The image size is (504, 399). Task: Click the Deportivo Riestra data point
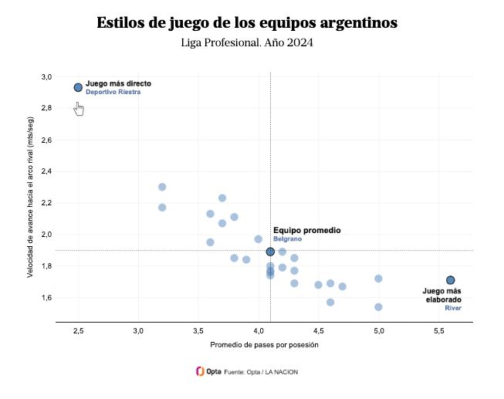pyautogui.click(x=78, y=87)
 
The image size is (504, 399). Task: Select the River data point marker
pyautogui.click(x=450, y=280)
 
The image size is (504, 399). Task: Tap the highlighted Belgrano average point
pyautogui.click(x=270, y=252)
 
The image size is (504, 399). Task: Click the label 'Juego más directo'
pyautogui.click(x=118, y=83)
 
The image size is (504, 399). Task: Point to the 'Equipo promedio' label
pyautogui.click(x=306, y=230)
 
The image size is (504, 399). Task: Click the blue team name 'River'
pyautogui.click(x=453, y=308)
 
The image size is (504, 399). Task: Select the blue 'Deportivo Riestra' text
pyautogui.click(x=113, y=92)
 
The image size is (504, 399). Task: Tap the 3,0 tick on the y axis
pyautogui.click(x=46, y=76)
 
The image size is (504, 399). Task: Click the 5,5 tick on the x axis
pyautogui.click(x=438, y=330)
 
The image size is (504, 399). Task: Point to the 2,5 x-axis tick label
pyautogui.click(x=78, y=330)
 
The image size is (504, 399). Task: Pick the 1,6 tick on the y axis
pyautogui.click(x=46, y=297)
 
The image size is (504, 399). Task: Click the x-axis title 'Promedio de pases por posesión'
pyautogui.click(x=264, y=345)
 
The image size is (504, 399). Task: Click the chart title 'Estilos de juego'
pyautogui.click(x=247, y=23)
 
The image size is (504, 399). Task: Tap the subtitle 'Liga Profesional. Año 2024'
pyautogui.click(x=247, y=42)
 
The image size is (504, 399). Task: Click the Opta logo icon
pyautogui.click(x=200, y=371)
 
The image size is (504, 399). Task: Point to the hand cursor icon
pyautogui.click(x=79, y=108)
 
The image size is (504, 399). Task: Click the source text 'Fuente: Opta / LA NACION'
pyautogui.click(x=261, y=372)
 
